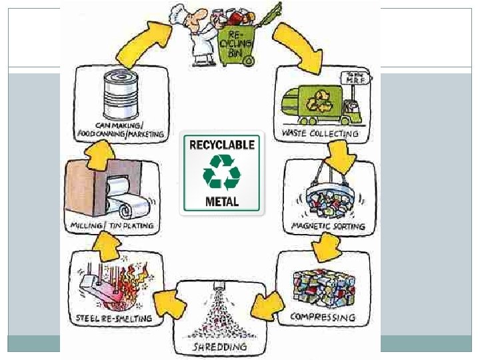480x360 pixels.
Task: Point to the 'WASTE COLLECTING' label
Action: (x=321, y=133)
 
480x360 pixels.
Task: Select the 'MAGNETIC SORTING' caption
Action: (x=328, y=226)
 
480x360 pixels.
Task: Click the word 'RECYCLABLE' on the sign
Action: (x=223, y=143)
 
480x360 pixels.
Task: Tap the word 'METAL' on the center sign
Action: (x=223, y=201)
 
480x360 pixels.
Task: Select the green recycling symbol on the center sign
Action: (x=223, y=172)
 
